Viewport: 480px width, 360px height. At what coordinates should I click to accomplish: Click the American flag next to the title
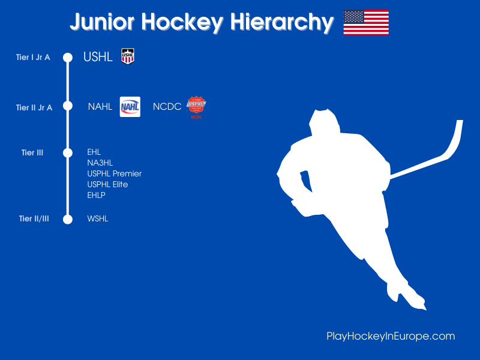366,23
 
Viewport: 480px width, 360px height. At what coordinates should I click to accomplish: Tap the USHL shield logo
128,56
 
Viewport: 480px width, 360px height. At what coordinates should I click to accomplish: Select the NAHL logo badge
130,107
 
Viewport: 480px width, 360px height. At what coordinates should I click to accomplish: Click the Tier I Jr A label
33,58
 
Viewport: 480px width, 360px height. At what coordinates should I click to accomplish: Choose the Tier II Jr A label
34,108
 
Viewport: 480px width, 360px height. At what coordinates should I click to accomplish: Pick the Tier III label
32,153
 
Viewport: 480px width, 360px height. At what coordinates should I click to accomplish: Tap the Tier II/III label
34,219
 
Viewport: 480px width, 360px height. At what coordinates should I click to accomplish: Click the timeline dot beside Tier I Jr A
68,58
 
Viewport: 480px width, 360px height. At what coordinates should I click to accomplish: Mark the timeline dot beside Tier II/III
68,219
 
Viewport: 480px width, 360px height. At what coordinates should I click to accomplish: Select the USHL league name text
98,58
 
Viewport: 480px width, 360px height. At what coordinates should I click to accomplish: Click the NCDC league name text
167,107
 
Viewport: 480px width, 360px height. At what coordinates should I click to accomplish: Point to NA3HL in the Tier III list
100,163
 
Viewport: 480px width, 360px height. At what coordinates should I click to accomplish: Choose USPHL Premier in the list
115,173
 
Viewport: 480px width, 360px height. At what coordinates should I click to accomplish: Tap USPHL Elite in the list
107,184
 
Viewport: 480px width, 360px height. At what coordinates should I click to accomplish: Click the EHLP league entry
97,195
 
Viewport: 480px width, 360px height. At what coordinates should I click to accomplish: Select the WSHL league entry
98,219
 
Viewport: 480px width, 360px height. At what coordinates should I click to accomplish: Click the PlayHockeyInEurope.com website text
391,336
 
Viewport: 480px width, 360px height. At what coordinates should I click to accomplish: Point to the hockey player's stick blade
457,137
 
